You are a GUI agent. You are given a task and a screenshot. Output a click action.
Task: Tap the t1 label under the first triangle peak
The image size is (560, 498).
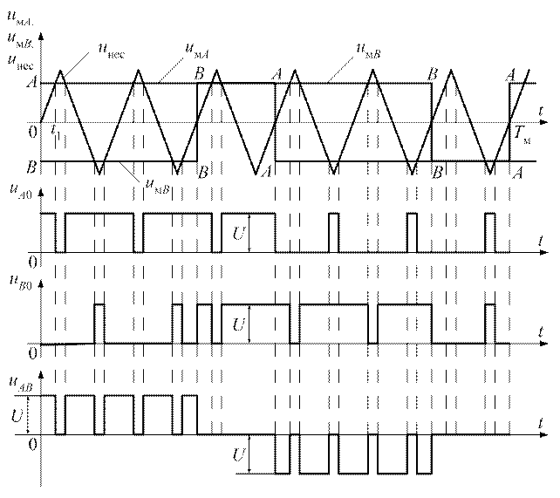click(x=54, y=136)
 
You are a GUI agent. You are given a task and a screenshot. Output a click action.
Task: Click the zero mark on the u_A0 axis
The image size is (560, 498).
click(x=32, y=262)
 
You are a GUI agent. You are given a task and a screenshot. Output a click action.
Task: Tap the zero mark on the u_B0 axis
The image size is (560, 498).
click(x=32, y=352)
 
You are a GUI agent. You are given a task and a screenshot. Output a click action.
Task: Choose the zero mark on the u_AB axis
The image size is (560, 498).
click(x=32, y=443)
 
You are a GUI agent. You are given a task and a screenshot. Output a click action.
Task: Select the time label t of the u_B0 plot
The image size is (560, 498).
click(x=542, y=333)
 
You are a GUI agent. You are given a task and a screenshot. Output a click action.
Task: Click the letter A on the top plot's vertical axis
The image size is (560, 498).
click(x=32, y=84)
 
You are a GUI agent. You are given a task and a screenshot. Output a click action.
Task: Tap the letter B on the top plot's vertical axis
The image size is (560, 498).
click(x=32, y=164)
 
